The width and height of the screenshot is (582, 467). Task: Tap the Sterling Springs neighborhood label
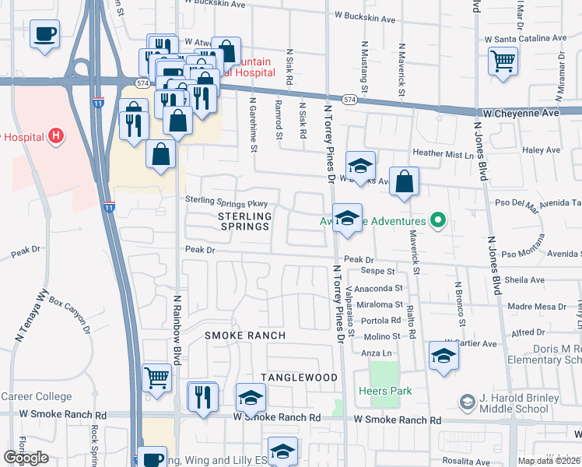[244, 221]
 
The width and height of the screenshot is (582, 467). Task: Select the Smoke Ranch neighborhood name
[245, 335]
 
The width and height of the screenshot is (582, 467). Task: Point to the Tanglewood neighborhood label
[299, 377]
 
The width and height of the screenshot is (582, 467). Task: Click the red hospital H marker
[55, 136]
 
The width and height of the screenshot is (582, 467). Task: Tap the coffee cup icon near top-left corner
[45, 34]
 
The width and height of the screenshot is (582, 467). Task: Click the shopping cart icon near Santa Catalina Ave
[503, 60]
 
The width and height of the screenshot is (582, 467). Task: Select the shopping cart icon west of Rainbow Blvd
[157, 379]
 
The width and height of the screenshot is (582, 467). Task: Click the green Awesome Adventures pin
[438, 221]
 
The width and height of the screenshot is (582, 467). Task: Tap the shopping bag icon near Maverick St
[405, 182]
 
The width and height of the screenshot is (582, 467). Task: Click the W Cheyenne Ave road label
[521, 113]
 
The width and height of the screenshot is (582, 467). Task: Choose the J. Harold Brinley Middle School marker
[467, 402]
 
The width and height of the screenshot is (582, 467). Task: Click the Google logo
[26, 458]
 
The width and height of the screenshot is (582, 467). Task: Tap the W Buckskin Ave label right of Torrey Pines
[366, 15]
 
